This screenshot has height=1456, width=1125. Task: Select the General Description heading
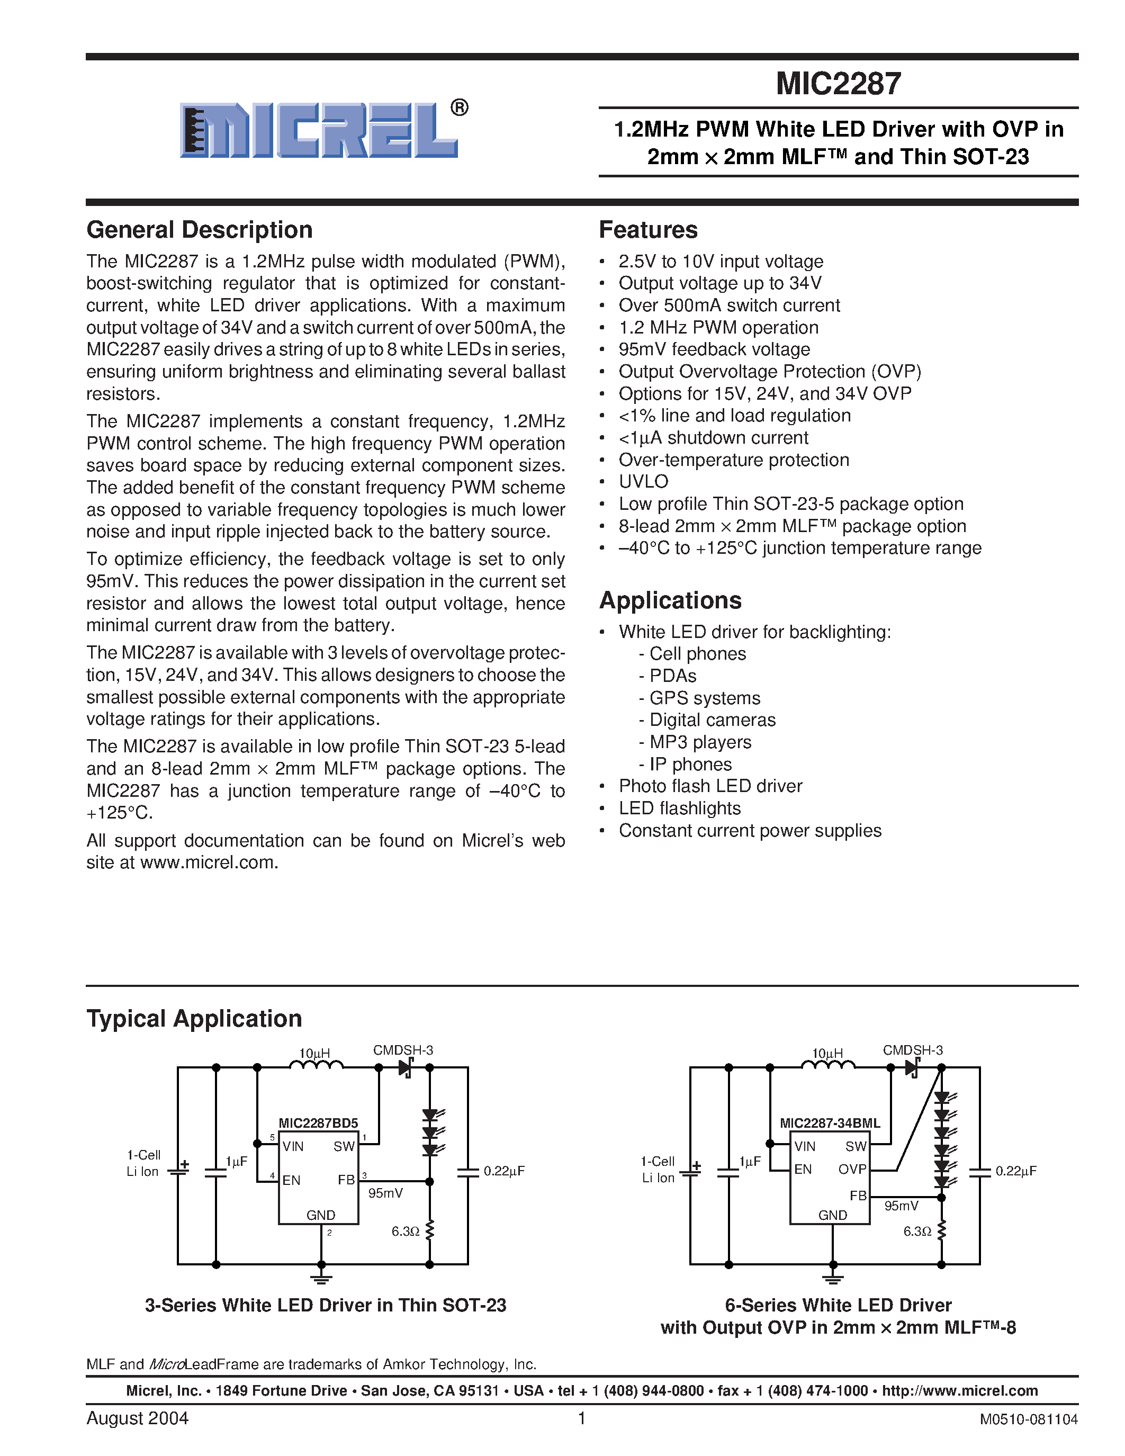pyautogui.click(x=199, y=230)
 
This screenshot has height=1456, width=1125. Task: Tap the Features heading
pyautogui.click(x=648, y=230)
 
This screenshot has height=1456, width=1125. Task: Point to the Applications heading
pyautogui.click(x=670, y=600)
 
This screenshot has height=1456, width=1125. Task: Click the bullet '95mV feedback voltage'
pyautogui.click(x=714, y=349)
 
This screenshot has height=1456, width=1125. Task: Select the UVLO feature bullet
pyautogui.click(x=643, y=481)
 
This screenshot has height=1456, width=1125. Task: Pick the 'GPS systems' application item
pyautogui.click(x=705, y=698)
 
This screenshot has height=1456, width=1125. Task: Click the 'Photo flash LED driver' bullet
pyautogui.click(x=710, y=786)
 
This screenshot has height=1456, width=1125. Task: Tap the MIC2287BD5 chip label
pyautogui.click(x=318, y=1122)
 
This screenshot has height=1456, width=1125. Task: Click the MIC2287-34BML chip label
pyautogui.click(x=830, y=1122)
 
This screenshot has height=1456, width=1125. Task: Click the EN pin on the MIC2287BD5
pyautogui.click(x=291, y=1180)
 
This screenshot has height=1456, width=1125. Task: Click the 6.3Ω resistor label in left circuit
pyautogui.click(x=405, y=1232)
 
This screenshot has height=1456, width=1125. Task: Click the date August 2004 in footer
pyautogui.click(x=137, y=1418)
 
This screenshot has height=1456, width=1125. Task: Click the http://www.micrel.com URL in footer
pyautogui.click(x=960, y=1390)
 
